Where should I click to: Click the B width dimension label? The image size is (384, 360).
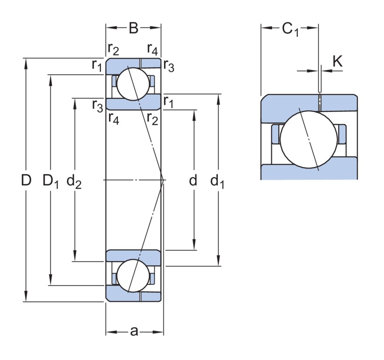coord(134,28)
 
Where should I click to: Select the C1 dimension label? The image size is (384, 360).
coord(291,29)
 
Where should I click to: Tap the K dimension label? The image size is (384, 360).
coord(337,61)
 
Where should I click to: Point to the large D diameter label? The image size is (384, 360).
coord(26,180)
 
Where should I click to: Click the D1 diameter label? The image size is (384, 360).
coord(51,181)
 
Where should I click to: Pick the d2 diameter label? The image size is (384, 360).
coord(74,181)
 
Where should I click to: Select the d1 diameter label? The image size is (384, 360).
coord(217,182)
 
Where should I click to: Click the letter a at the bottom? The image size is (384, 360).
coord(134,332)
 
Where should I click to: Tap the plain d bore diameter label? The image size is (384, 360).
coord(193,180)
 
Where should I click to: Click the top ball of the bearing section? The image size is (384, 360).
coord(133,84)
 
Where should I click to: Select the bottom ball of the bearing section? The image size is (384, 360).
coord(133,276)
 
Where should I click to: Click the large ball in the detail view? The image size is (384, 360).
coord(309,139)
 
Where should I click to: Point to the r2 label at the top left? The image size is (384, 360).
coord(113,49)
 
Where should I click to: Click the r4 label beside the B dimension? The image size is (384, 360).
coord(152,49)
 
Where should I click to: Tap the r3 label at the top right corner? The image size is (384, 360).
coord(169,66)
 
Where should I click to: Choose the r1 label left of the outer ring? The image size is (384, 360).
coord(97,65)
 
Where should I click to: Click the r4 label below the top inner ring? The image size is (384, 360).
coord(113,119)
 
